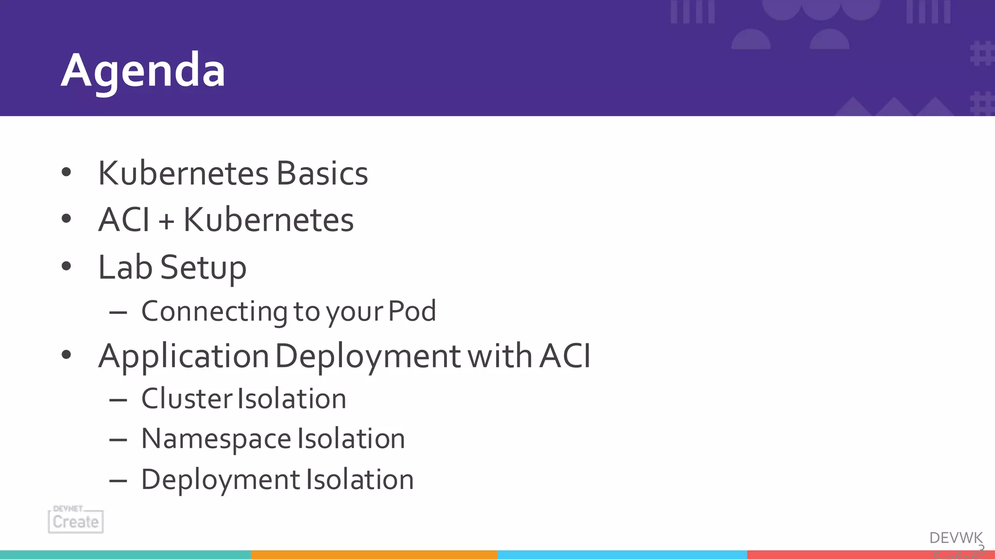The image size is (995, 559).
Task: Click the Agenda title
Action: coord(143,71)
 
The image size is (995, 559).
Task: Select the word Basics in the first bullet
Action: coord(322,173)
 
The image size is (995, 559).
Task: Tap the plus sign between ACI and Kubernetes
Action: coord(166,221)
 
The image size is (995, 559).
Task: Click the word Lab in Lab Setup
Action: coord(125,267)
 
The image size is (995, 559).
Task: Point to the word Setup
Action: coord(203,268)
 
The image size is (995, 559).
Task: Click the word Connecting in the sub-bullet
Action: coord(214,311)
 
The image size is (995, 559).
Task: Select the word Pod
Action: coord(412,311)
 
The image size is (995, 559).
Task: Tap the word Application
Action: coord(183,356)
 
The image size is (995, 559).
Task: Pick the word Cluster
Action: coord(187,399)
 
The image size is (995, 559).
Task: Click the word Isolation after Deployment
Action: coord(360,480)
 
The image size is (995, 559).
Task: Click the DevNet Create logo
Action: coord(76,519)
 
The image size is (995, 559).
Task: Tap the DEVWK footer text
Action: coord(956,538)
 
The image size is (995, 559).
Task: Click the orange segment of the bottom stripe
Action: coord(374,555)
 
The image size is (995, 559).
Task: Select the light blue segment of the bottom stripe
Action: coord(622,555)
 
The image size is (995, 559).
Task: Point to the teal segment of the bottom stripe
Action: coord(125,555)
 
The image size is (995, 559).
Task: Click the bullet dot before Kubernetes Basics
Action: coord(67,172)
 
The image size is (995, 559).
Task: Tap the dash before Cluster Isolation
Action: coord(118,400)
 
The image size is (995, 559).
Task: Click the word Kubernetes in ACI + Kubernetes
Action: coord(268,220)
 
